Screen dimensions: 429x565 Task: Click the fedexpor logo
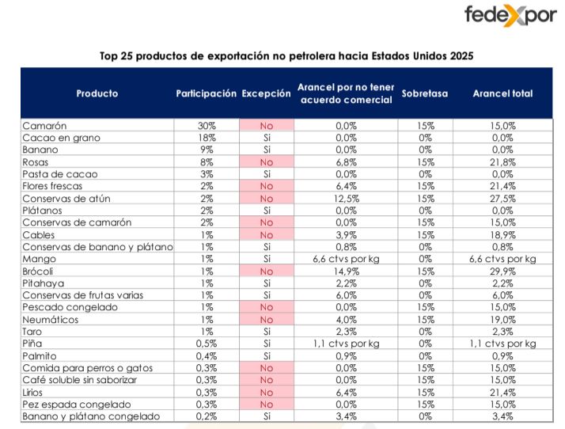pos(510,17)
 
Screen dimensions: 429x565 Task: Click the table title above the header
pos(286,56)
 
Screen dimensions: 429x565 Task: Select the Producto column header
pos(97,93)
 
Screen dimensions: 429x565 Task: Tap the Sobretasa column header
pos(424,93)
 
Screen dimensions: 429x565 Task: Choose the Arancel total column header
pos(502,93)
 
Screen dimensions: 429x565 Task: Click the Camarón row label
pos(44,126)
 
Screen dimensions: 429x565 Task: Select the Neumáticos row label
pos(51,319)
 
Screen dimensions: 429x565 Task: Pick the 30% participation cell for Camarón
pos(206,126)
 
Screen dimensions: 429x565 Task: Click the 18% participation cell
pos(206,138)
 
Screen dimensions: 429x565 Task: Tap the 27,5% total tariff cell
pos(502,199)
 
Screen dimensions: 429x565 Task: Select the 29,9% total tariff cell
pos(502,271)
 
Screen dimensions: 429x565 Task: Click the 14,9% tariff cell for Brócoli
pos(345,271)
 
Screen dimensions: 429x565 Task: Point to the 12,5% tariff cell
pos(345,199)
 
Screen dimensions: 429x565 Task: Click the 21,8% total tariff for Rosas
pos(502,162)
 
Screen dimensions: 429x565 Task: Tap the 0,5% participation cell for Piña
pos(206,344)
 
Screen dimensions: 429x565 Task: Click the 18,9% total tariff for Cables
pos(502,234)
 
